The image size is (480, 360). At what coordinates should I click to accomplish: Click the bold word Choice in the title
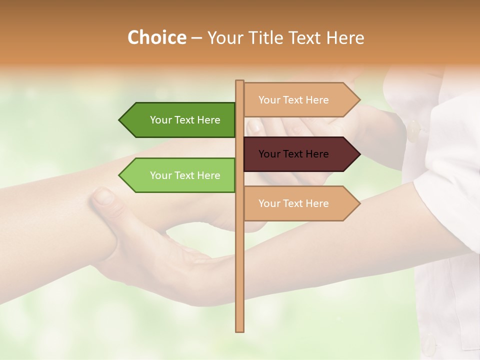click(156, 37)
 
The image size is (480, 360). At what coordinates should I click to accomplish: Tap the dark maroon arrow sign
click(300, 154)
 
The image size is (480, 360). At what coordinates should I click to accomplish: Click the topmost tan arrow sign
click(300, 100)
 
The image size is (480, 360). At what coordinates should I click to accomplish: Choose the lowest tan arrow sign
click(300, 203)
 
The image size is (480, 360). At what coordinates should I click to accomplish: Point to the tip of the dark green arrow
click(120, 120)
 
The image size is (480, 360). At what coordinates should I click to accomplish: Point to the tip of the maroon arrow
click(359, 154)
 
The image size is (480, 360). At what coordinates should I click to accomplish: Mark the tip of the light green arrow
click(120, 175)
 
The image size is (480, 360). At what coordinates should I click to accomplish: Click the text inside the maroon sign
click(293, 154)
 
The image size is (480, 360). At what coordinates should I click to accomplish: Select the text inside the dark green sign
click(185, 120)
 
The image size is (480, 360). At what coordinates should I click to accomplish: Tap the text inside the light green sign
click(185, 175)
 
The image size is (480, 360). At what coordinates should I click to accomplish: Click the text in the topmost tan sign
click(293, 100)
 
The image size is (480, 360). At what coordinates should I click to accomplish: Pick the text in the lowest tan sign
click(293, 203)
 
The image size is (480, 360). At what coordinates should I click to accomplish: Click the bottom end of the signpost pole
click(240, 330)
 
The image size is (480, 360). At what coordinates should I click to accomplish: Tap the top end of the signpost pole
click(240, 81)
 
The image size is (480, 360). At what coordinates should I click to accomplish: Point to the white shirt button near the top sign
click(414, 131)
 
